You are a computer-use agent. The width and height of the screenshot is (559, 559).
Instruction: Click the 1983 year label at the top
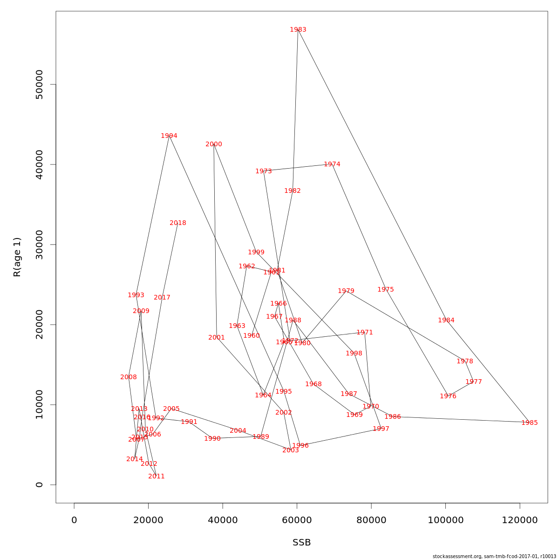pyautogui.click(x=298, y=30)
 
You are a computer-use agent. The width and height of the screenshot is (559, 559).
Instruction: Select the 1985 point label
pyautogui.click(x=529, y=423)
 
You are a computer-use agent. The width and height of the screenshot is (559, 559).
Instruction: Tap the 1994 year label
pyautogui.click(x=169, y=136)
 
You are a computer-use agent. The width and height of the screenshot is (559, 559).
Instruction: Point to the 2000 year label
pyautogui.click(x=214, y=144)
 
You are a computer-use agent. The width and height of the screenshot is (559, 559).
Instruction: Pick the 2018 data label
pyautogui.click(x=178, y=223)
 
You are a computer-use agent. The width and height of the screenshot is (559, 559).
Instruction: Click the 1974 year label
pyautogui.click(x=332, y=164)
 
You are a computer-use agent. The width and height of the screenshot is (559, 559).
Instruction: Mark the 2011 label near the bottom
pyautogui.click(x=157, y=477)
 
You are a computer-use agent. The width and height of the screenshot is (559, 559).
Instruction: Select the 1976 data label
pyautogui.click(x=448, y=396)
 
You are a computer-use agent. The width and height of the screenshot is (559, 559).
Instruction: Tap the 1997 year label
pyautogui.click(x=381, y=429)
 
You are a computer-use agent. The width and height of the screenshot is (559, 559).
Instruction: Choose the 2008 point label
pyautogui.click(x=129, y=377)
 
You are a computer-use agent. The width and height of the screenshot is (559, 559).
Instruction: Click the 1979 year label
pyautogui.click(x=346, y=291)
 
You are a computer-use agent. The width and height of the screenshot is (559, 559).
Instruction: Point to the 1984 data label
pyautogui.click(x=446, y=320)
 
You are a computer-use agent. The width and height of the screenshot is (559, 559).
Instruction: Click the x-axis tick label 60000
pyautogui.click(x=297, y=520)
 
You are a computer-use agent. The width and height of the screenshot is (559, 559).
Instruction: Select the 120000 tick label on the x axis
pyautogui.click(x=520, y=520)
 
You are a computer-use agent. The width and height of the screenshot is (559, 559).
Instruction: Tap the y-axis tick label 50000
pyautogui.click(x=40, y=84)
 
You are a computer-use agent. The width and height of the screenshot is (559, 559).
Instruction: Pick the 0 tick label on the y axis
pyautogui.click(x=40, y=484)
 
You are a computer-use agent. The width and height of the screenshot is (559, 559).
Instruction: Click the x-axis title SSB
pyautogui.click(x=302, y=543)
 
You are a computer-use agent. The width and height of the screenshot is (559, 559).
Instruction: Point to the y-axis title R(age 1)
pyautogui.click(x=17, y=257)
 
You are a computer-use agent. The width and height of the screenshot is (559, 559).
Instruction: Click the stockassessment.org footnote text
pyautogui.click(x=494, y=556)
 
